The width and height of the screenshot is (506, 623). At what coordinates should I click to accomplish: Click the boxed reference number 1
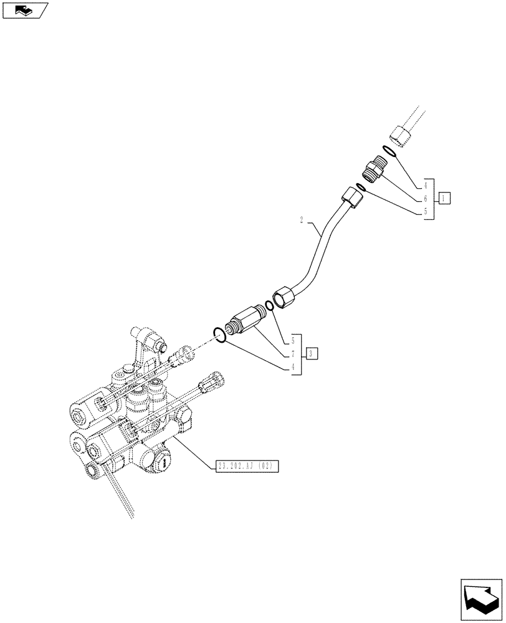coord(444,199)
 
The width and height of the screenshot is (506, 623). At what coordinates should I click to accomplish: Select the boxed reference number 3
coord(312,354)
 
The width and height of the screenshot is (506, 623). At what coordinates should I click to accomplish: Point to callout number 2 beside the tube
coord(302,220)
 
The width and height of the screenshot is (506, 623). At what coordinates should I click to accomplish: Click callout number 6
coord(426,199)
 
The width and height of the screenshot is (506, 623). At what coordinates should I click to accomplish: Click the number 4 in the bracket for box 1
coord(426,186)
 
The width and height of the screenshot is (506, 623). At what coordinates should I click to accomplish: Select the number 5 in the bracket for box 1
coord(426,212)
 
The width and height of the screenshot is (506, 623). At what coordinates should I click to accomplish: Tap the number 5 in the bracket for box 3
coord(294,341)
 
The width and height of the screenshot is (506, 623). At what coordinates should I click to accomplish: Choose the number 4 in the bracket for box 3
coord(294,368)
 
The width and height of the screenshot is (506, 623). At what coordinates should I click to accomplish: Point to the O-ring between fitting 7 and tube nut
coord(269,305)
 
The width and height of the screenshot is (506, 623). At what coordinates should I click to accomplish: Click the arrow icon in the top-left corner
coord(24,10)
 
